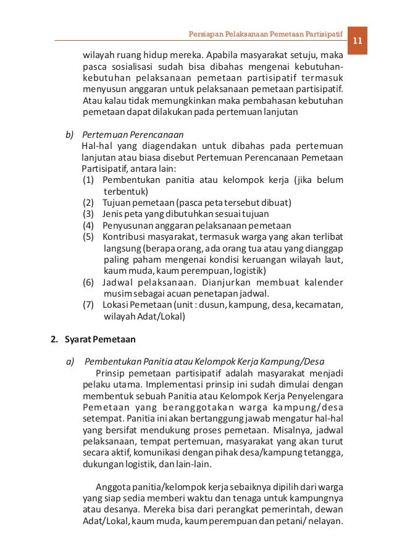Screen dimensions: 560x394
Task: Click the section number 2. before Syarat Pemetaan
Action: pyautogui.click(x=54, y=339)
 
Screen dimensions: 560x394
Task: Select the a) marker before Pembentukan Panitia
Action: pyautogui.click(x=70, y=362)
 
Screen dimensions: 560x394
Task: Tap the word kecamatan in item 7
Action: pyautogui.click(x=320, y=305)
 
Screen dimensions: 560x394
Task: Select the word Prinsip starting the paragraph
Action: pyautogui.click(x=112, y=373)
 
